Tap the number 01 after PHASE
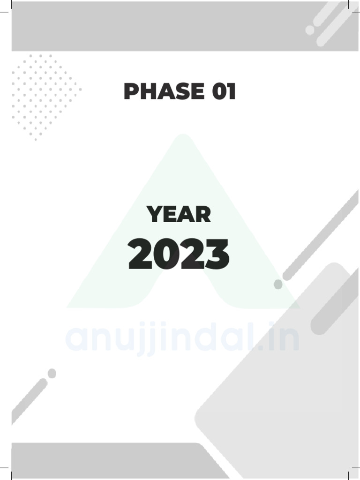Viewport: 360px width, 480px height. (x=223, y=91)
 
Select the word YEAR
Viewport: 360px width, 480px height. (x=179, y=215)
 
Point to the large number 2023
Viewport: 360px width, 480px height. (x=179, y=255)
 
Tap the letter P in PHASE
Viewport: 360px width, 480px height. (x=132, y=91)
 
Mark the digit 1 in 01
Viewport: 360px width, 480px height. (x=230, y=91)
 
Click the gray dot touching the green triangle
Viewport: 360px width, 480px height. (x=278, y=284)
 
